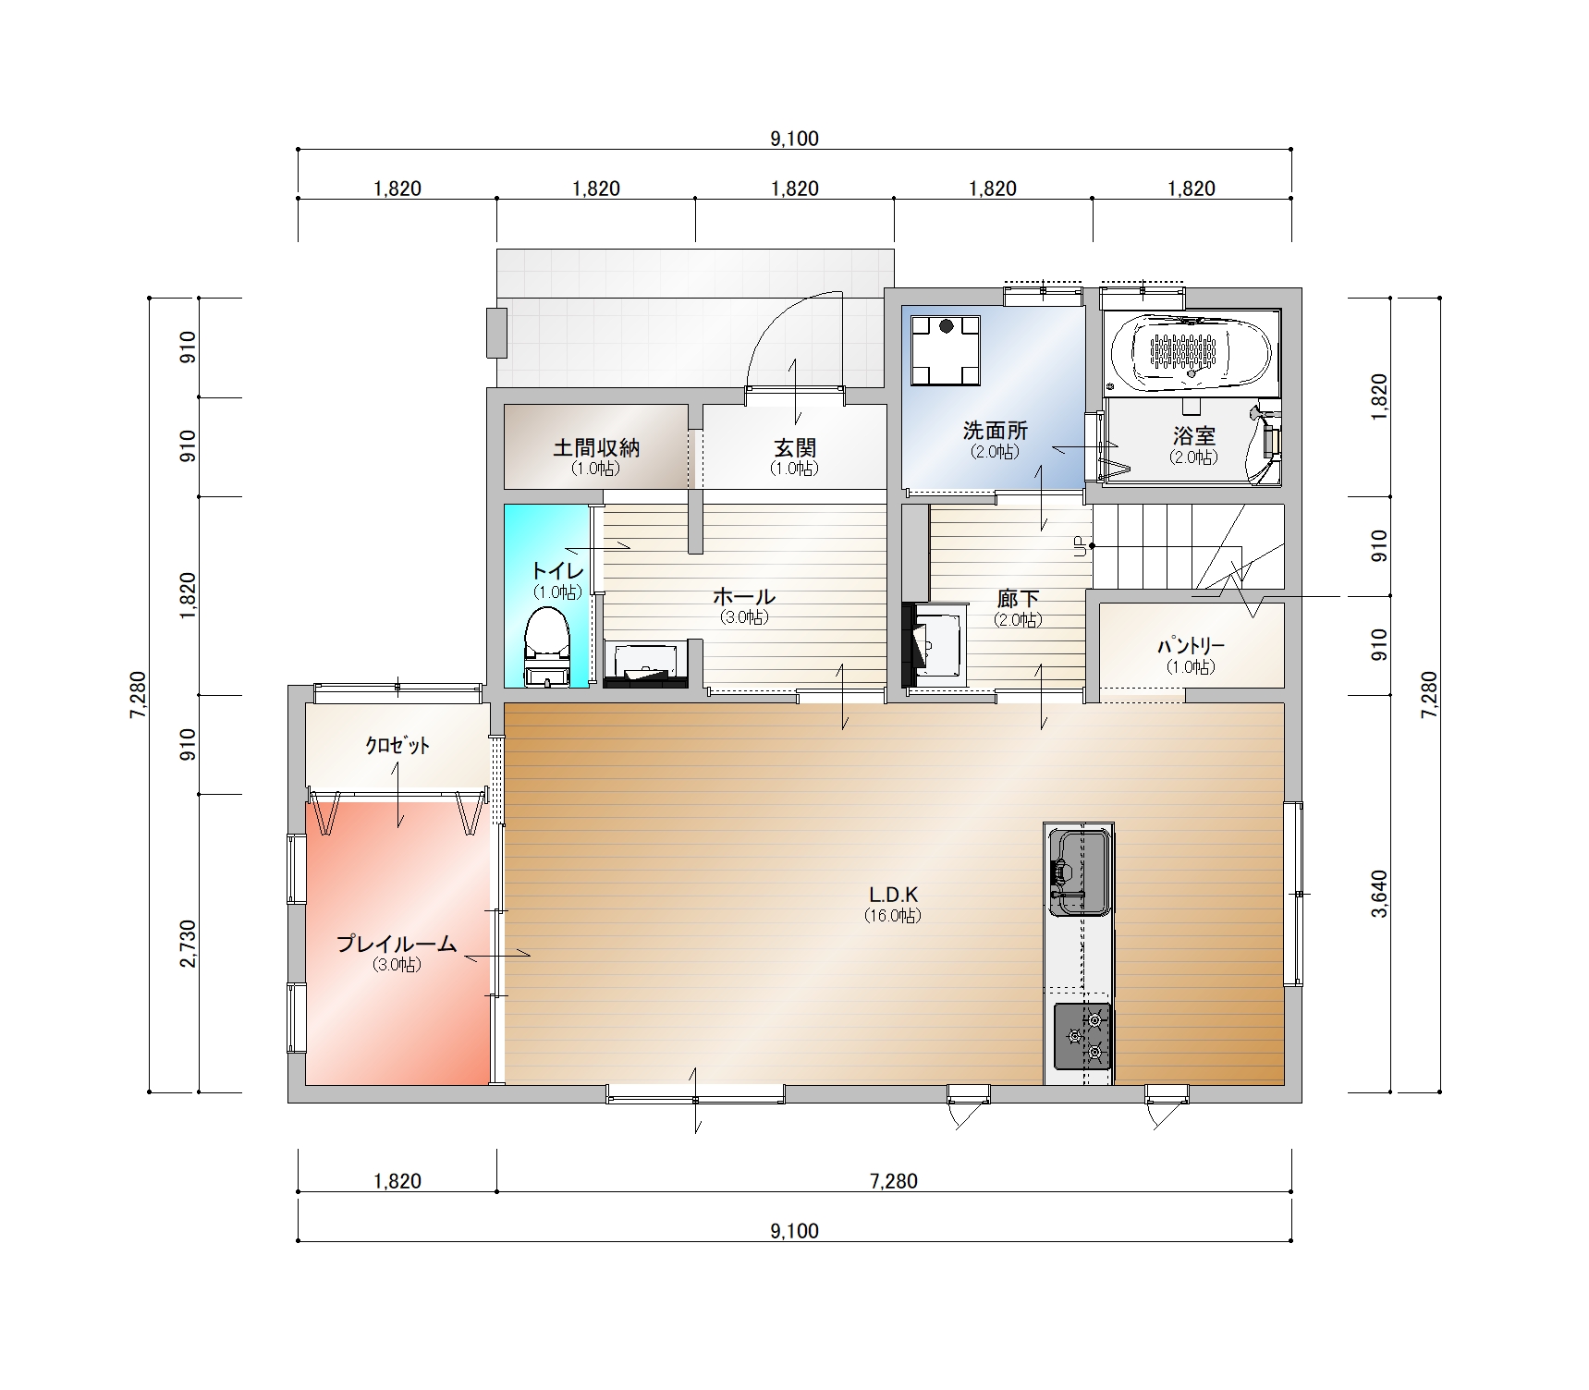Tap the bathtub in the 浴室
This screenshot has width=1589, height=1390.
pos(1191,353)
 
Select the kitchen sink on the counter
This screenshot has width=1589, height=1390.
pos(1079,872)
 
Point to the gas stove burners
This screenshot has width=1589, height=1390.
pos(1082,1036)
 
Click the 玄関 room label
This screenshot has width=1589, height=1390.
pos(795,448)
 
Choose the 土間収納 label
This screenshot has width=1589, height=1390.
pos(596,448)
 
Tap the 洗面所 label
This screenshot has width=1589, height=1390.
pos(995,431)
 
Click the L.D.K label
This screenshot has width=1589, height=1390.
pos(893,895)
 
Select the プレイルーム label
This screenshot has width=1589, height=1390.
pos(397,944)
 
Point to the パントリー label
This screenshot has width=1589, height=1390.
pos(1192,646)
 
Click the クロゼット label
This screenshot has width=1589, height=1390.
pos(397,745)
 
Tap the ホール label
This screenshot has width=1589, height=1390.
pos(744,596)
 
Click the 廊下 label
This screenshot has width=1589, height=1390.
pos(1018,599)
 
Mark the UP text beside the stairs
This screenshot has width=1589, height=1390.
pos(1079,546)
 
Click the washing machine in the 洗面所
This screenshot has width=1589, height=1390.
pos(945,350)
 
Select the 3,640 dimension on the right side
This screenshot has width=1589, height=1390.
pos(1379,894)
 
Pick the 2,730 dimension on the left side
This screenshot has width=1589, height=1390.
pos(189,944)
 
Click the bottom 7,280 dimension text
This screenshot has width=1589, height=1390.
pos(894,1181)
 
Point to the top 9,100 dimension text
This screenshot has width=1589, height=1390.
pos(795,139)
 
